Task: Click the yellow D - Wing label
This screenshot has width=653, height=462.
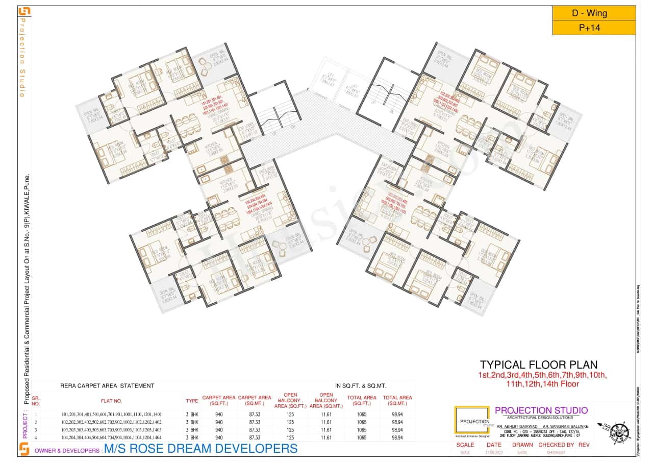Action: pos(594,13)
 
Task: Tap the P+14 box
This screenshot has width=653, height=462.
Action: pos(594,28)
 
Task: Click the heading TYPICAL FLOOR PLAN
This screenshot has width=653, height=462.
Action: pos(538,364)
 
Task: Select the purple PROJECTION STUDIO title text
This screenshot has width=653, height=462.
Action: pos(541,410)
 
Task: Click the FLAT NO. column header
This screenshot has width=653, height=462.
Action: pos(111,401)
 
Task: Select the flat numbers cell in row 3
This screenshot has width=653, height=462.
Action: pos(111,430)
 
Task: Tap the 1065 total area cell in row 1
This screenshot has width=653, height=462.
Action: pos(362,414)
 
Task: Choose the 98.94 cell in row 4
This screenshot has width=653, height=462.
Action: pos(397,437)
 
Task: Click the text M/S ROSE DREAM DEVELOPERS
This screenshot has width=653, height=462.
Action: pos(200,449)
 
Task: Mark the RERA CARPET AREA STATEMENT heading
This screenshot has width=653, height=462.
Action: pos(107,386)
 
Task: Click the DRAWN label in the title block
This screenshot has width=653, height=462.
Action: pos(522,445)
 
